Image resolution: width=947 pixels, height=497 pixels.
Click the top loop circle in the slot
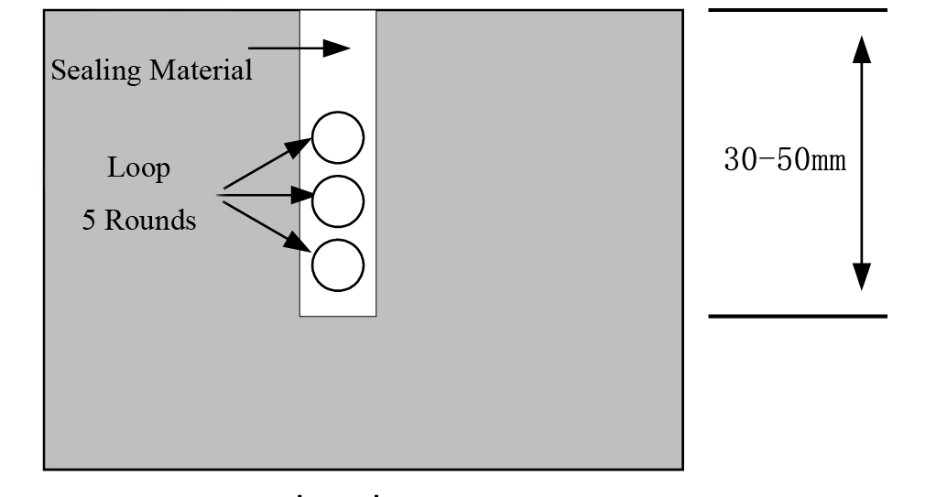338,137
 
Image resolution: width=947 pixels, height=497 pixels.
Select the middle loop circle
338,200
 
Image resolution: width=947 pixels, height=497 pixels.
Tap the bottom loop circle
338,264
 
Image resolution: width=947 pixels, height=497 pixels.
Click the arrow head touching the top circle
302,146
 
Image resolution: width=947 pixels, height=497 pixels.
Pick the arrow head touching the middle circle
302,194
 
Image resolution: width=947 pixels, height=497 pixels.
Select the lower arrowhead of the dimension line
860,276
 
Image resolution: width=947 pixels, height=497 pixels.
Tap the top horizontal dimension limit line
798,10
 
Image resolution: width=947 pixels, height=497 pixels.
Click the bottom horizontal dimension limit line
798,317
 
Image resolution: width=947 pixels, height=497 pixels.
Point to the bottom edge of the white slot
338,317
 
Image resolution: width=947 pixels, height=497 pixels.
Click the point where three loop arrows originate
218,194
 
